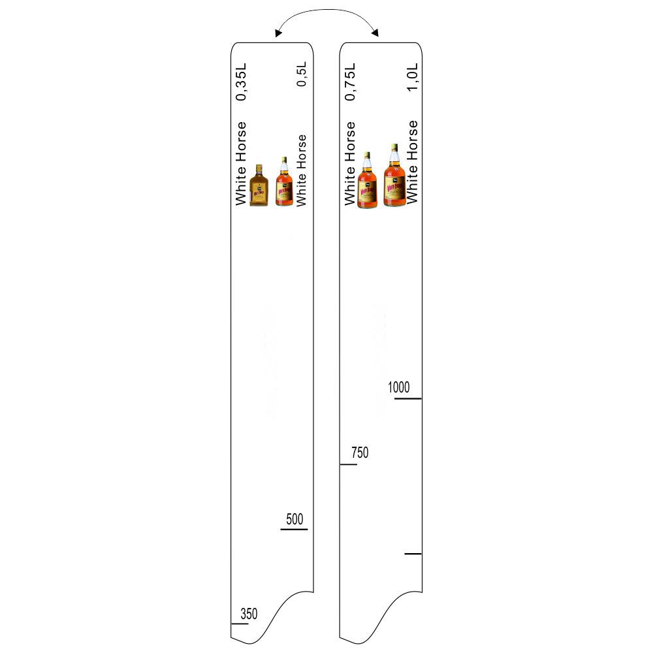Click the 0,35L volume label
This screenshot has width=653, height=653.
tap(241, 82)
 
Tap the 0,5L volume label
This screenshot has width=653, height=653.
tap(302, 74)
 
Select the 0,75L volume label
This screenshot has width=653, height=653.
tap(350, 82)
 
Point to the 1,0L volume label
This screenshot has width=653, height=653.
tap(412, 77)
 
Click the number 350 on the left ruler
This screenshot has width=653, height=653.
tap(249, 613)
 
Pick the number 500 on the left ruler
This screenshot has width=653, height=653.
tap(295, 519)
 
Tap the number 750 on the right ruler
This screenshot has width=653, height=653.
tap(360, 453)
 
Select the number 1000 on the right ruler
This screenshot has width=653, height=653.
tap(398, 387)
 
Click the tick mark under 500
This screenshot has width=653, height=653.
tap(294, 530)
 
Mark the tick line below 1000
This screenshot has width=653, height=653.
tap(407, 398)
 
